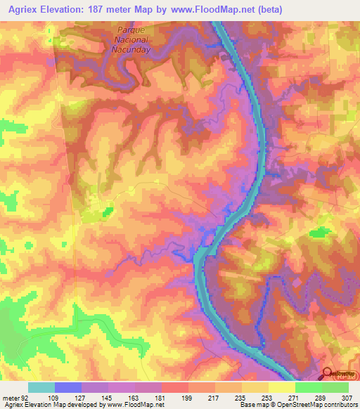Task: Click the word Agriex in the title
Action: click(20, 8)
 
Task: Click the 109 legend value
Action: click(53, 397)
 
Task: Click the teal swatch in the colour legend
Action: click(41, 387)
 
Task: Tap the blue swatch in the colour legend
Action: click(67, 387)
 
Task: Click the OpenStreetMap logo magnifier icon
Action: click(328, 374)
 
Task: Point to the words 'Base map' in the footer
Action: click(252, 405)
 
